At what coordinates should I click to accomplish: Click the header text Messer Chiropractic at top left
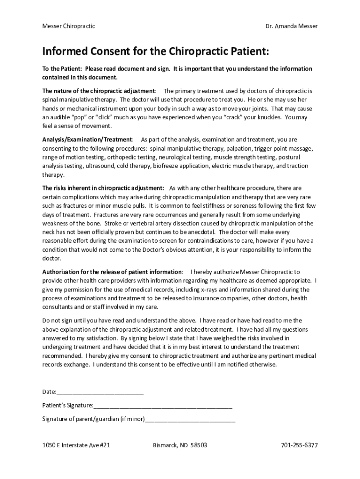point(69,26)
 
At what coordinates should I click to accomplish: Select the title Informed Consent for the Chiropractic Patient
point(156,51)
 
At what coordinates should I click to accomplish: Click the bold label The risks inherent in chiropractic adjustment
point(103,189)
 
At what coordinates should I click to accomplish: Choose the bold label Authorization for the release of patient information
point(112,272)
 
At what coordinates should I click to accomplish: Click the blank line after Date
point(100,392)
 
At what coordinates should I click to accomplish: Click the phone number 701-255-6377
point(299,445)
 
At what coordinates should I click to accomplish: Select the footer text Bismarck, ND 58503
point(180,445)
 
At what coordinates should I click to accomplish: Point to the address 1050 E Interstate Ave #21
point(76,445)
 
